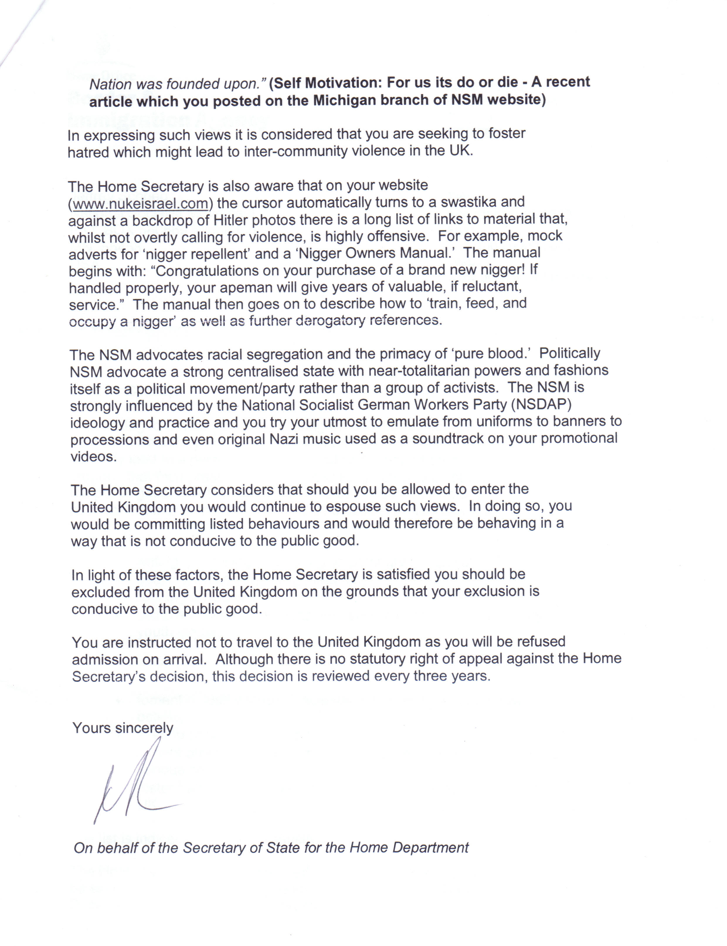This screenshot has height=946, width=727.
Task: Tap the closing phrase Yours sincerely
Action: coord(123,728)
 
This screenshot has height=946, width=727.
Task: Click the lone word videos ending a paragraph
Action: coord(94,456)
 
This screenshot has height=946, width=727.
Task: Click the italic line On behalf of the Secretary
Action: coord(271,848)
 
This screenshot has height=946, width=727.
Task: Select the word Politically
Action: coord(570,353)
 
